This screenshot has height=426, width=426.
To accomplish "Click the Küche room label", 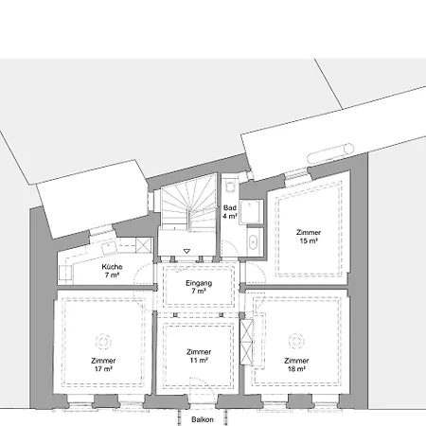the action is click(112, 271).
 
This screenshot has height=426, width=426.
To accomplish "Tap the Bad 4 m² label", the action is click(230, 212).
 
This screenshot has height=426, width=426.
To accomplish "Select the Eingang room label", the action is click(199, 287).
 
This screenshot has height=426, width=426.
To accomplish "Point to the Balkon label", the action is click(203, 419).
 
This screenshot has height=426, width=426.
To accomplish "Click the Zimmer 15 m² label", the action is click(309, 237).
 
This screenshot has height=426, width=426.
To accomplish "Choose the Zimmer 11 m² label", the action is click(199, 356).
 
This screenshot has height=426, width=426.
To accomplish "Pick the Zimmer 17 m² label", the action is click(103, 364).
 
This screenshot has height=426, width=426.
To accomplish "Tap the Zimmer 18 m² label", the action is click(296, 364).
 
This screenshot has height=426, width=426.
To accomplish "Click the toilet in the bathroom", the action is click(230, 186).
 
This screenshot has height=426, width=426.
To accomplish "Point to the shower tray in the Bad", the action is click(251, 212).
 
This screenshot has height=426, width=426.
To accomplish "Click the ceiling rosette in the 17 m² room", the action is click(103, 342).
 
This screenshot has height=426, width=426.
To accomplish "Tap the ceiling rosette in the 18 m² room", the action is click(296, 342).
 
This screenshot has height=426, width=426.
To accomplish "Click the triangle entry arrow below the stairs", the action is click(186, 252).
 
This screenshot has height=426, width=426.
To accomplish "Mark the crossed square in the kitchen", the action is click(143, 245).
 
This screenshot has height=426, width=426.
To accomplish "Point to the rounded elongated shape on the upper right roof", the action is click(330, 153).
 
